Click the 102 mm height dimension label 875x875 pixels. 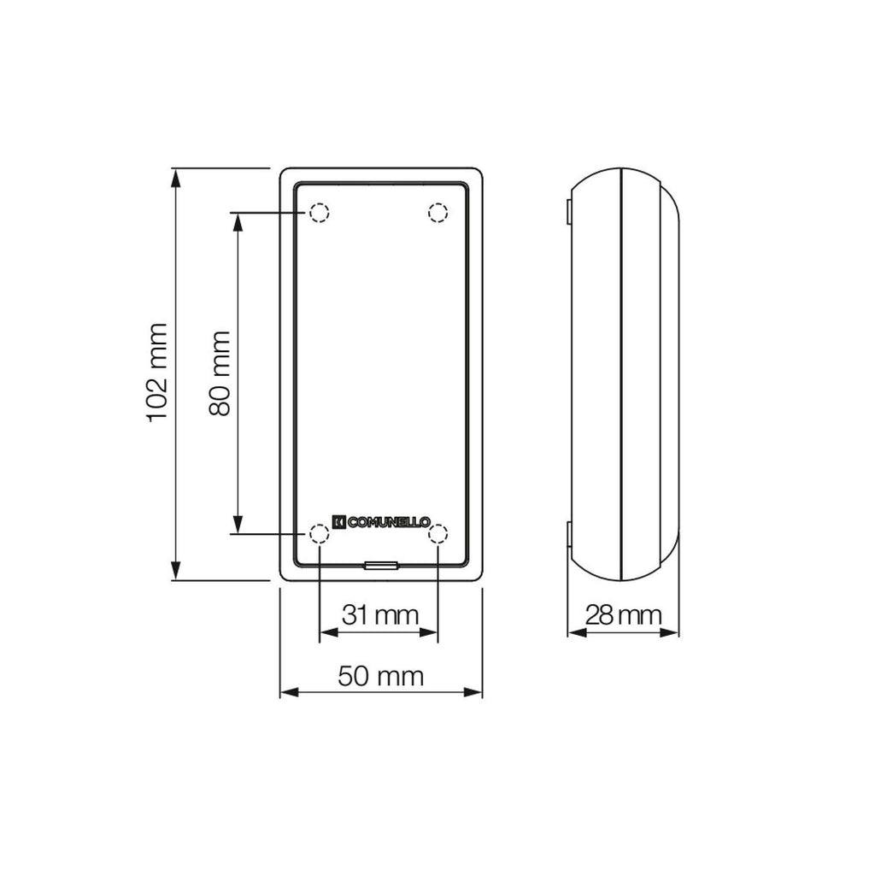coord(157,373)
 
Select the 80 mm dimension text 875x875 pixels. coord(220,373)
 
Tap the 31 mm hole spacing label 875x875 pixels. coord(380,615)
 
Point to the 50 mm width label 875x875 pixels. coord(380,676)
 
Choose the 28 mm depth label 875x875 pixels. coord(623,615)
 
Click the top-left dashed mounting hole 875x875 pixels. coord(319,213)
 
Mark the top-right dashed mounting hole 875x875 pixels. coord(438,213)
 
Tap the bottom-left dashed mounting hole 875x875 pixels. coord(319,534)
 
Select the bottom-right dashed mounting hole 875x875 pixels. coord(438,534)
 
